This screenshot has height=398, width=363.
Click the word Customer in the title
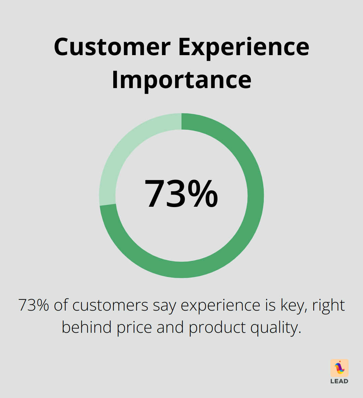click(112, 47)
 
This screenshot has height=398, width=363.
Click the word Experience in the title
click(243, 47)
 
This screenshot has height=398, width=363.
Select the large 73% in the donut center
click(181, 194)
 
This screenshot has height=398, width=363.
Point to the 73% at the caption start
click(34, 305)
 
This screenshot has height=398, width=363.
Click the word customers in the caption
click(110, 305)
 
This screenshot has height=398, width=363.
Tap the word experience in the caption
click(220, 305)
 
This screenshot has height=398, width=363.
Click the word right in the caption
click(328, 305)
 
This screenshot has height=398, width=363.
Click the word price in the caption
click(134, 327)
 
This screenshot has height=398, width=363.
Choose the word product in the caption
click(217, 327)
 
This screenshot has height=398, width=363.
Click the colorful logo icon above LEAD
click(339, 367)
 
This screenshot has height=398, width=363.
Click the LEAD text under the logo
click(339, 381)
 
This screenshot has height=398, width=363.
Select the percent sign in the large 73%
click(203, 194)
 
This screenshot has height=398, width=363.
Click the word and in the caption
click(170, 327)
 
